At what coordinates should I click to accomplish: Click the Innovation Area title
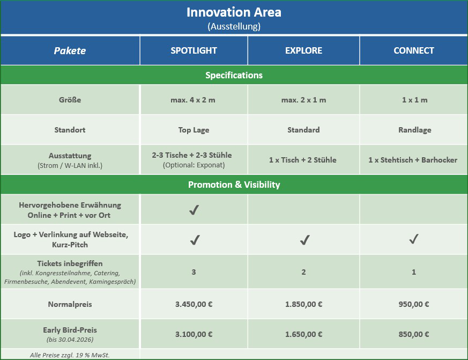[x=234, y=12]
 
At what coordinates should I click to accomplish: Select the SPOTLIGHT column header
[x=194, y=50]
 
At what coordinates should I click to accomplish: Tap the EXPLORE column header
[x=303, y=50]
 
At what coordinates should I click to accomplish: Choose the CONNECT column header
[x=414, y=50]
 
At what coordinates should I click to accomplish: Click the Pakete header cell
[x=70, y=51]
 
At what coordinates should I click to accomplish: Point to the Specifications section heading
[x=234, y=75]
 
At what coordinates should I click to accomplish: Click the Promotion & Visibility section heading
[x=234, y=185]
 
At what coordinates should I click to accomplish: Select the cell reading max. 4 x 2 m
[x=193, y=100]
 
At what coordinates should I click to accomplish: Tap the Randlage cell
[x=414, y=130]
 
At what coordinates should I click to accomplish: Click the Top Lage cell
[x=194, y=130]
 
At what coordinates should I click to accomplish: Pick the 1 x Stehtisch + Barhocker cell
[x=413, y=160]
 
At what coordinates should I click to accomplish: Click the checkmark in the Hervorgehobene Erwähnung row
[x=194, y=210]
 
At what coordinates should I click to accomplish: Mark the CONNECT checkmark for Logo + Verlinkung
[x=414, y=239]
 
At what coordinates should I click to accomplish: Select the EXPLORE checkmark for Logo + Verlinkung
[x=304, y=240]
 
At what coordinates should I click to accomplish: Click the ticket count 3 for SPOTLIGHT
[x=194, y=272]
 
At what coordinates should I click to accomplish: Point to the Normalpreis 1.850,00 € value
[x=303, y=304]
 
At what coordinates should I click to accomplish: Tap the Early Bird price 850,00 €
[x=414, y=334]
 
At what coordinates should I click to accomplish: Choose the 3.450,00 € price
[x=194, y=304]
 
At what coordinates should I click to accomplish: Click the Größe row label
[x=70, y=100]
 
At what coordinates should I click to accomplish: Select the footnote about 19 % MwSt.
[x=70, y=355]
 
